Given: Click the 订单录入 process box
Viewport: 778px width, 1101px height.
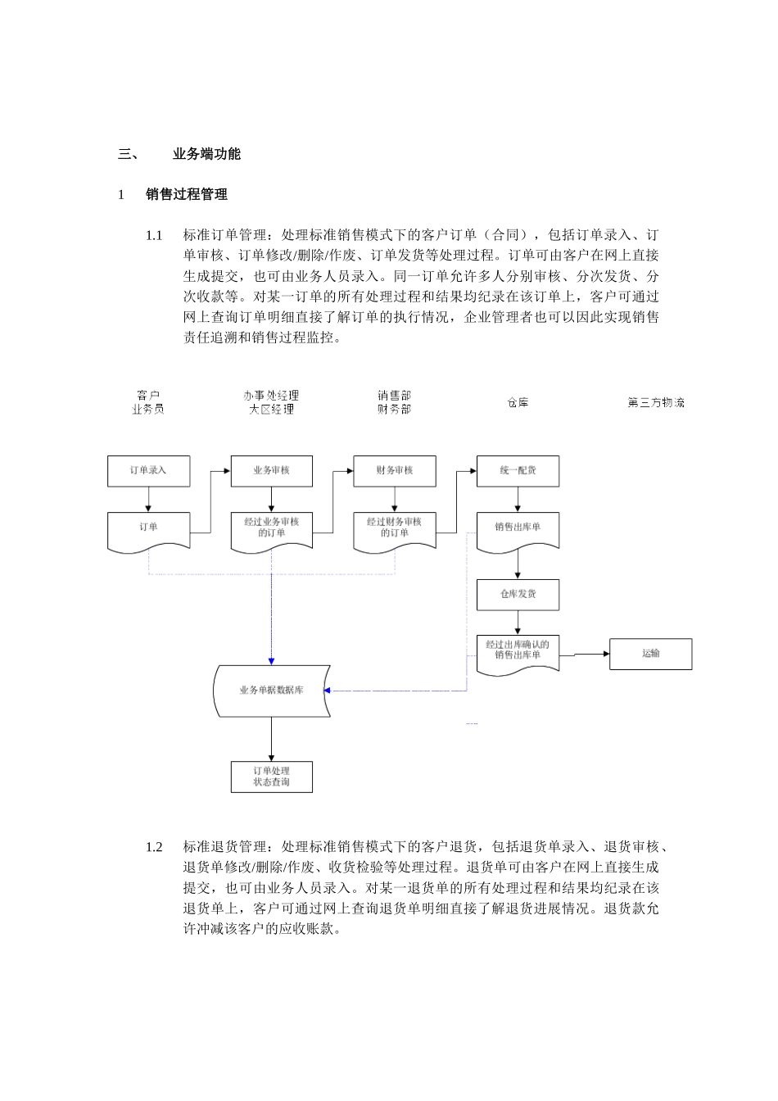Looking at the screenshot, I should pos(148,471).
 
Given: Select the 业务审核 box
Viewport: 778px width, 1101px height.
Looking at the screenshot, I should pos(271,471).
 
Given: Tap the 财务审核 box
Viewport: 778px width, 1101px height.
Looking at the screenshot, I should pos(394,471).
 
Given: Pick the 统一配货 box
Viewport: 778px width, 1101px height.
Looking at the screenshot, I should pos(518,471).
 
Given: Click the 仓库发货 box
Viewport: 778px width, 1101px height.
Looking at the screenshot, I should pos(518,594).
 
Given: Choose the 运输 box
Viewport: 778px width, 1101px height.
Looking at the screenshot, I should pos(650,654).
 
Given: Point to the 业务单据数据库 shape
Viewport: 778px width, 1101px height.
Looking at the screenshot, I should pos(271,691).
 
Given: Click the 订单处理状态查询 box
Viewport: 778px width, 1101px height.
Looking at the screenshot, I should pos(271,777).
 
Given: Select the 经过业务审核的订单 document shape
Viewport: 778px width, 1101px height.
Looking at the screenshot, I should pos(271,529).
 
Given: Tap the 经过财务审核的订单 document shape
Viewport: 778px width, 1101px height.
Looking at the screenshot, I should pos(394,529).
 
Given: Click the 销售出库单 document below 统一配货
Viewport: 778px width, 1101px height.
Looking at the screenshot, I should pos(518,529).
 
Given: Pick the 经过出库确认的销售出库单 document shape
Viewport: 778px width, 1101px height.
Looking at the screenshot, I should pos(518,652).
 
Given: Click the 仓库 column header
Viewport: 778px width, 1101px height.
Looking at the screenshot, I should pos(518,402).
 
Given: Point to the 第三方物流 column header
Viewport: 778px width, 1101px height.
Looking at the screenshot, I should pos(656,402).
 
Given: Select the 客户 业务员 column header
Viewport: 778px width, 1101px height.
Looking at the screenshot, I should pos(148,402).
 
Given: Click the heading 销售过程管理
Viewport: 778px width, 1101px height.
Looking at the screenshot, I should pos(187,195).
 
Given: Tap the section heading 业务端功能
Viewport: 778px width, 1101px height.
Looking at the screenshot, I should pos(206,154).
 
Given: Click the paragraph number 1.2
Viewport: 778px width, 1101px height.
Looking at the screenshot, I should pos(154,847).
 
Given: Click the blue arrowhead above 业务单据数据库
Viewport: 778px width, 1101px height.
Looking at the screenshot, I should pos(271,660).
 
